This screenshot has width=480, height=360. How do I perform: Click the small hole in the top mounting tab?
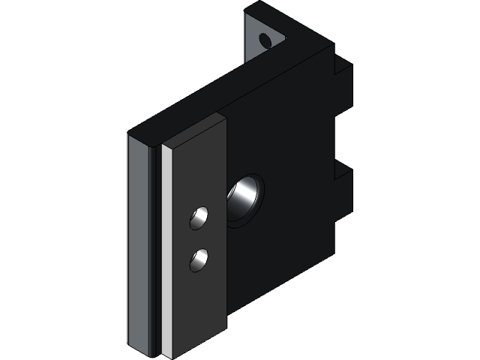coord(265,40)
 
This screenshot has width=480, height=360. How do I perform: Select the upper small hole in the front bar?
coord(199,218)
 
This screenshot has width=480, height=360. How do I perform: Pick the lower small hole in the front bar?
coord(199,260)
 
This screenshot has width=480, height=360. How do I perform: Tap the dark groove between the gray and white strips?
coord(157,247)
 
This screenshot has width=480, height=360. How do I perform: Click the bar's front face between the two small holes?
coord(199,239)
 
